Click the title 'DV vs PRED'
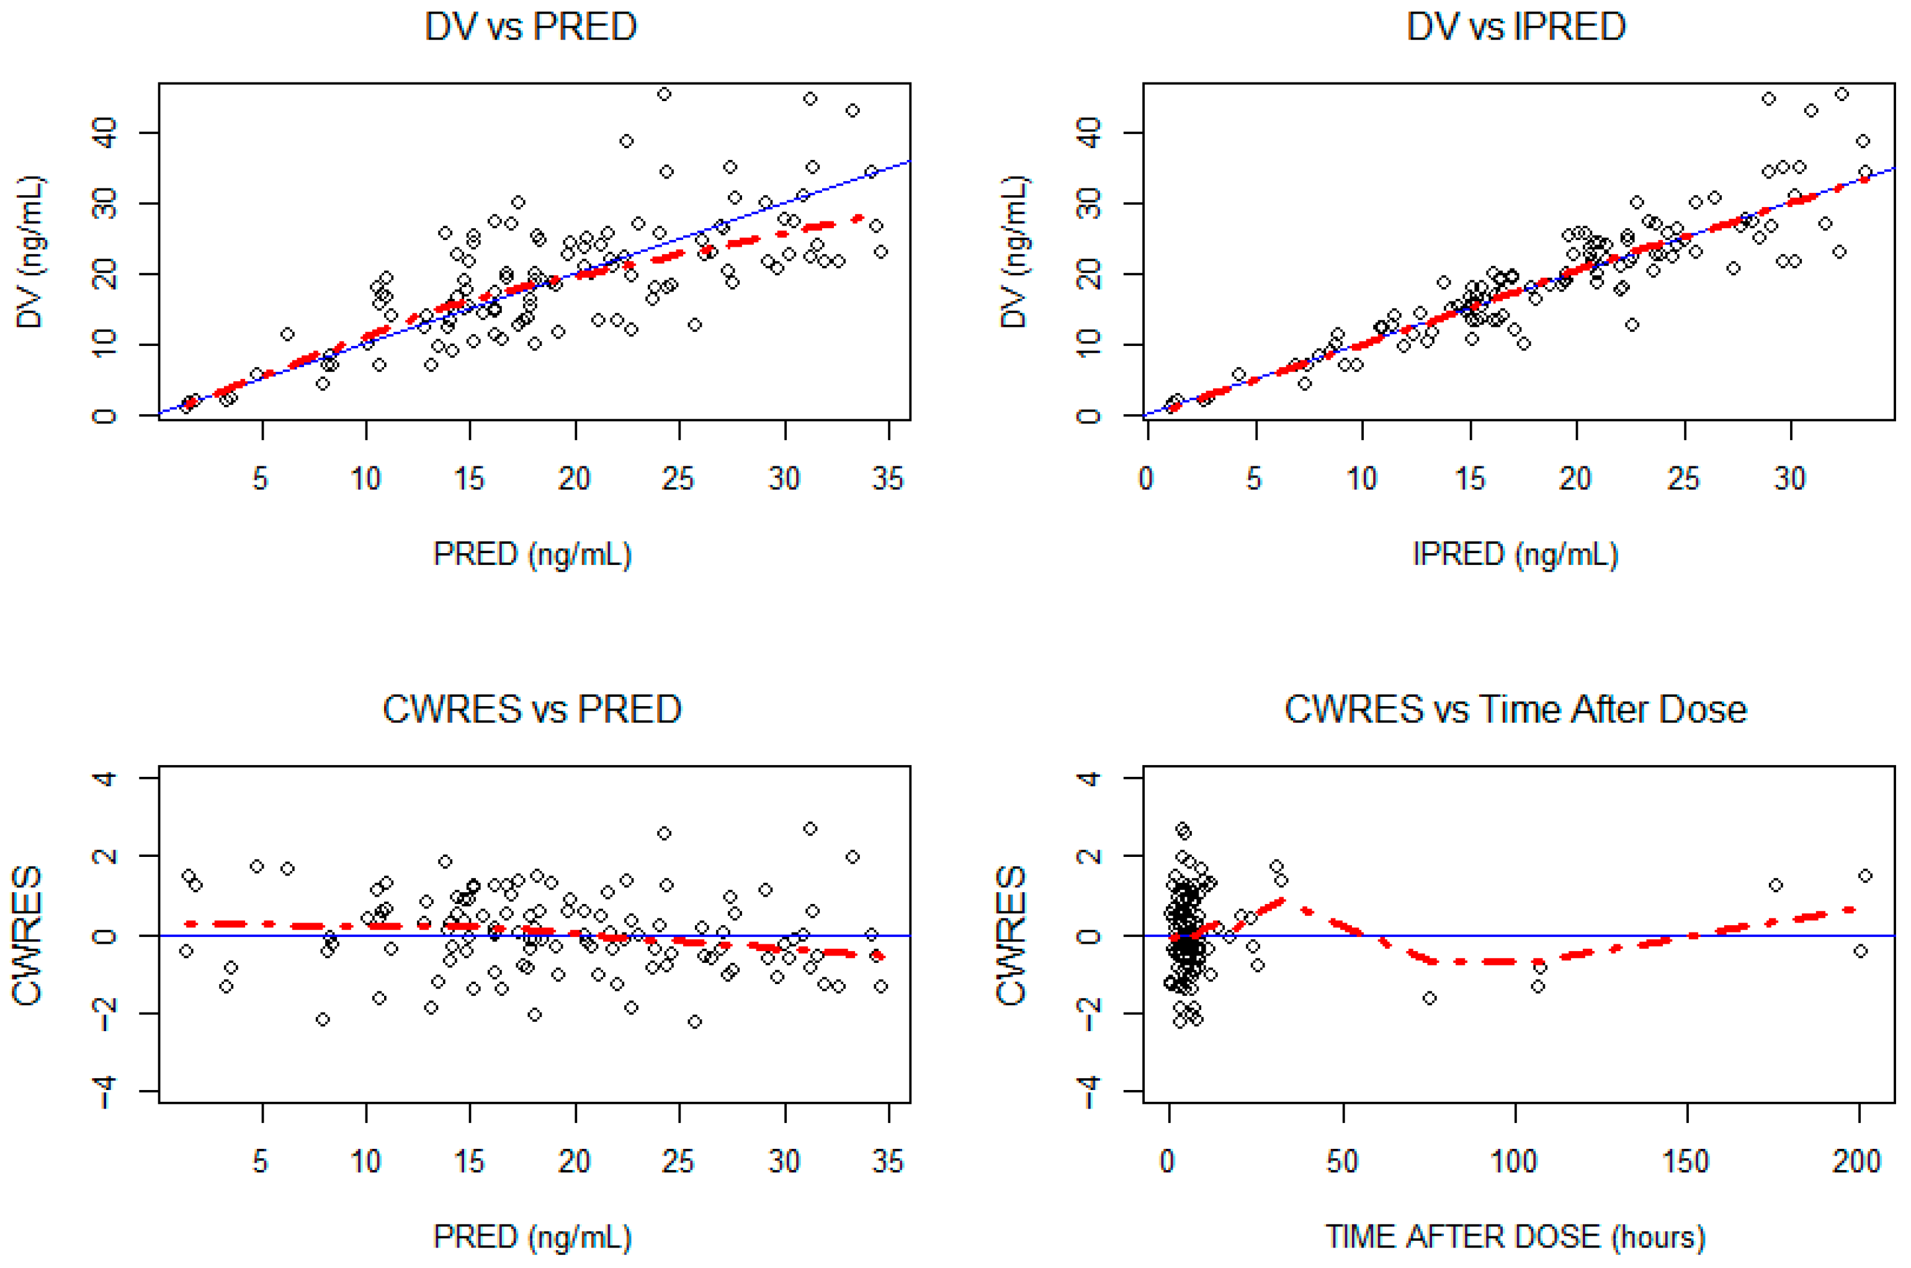530,27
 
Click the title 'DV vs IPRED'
1515,27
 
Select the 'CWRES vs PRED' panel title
532,710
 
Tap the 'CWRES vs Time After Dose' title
1515,710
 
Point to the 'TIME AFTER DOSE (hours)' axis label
1515,1236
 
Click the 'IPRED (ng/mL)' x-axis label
1515,554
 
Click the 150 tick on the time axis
1685,1162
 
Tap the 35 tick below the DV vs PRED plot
887,479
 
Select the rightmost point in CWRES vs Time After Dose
1865,876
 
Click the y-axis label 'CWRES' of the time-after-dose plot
1011,935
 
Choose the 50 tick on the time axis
1342,1162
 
